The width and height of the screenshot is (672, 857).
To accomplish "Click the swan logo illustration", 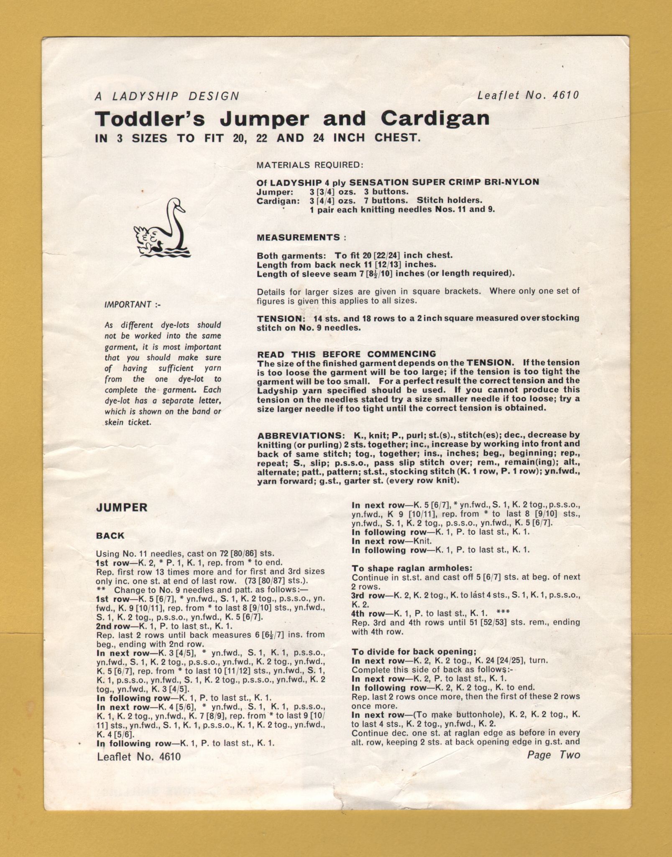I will (161, 227).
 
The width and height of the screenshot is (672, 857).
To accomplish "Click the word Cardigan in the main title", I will (435, 118).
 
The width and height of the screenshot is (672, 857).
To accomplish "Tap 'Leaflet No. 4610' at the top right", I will (528, 95).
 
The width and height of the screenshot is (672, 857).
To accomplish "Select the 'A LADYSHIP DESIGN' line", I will (167, 96).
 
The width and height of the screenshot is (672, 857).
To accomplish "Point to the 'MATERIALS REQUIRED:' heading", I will (310, 165).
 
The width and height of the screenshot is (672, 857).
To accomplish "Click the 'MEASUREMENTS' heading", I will (299, 237).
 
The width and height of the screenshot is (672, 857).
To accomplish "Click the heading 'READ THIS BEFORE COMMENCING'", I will (347, 354).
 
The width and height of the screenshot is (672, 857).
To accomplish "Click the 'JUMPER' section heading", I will (122, 508).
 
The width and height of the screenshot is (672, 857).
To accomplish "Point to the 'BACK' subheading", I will (110, 536).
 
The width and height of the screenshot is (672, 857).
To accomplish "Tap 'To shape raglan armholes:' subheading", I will (411, 568).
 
